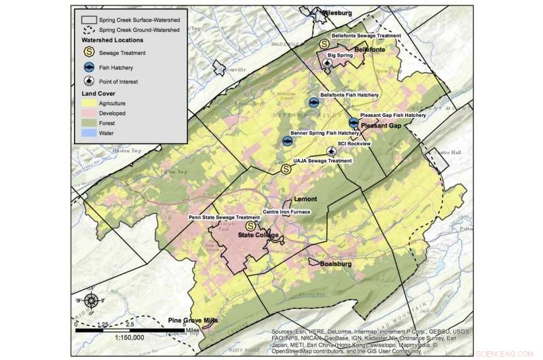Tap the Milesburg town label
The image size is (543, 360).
337,12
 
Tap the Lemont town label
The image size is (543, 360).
306,200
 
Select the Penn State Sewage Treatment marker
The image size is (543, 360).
250,226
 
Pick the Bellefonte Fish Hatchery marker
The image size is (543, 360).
314,103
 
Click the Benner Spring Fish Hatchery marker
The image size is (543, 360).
288,141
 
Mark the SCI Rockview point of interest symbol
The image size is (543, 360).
331,151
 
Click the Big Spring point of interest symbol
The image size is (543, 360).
328,63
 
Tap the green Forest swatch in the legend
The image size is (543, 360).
88,124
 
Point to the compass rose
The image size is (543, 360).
91,300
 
